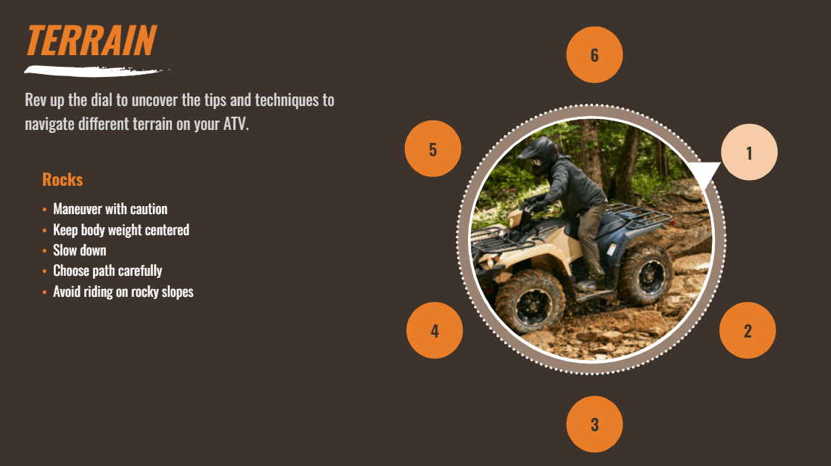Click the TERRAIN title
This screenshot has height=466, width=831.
coord(91,41)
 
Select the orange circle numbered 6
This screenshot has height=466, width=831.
coord(594,54)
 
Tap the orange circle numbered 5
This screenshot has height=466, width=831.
coord(433,149)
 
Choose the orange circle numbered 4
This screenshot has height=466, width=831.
coord(435,330)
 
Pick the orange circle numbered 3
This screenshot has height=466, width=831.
coord(594,424)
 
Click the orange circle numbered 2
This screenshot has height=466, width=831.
coord(748,330)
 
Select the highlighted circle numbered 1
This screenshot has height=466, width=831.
coord(750,152)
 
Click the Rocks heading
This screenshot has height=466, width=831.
coord(62,180)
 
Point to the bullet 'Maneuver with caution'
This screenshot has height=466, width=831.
coord(110,209)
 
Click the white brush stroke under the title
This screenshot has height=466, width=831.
coord(95,70)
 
